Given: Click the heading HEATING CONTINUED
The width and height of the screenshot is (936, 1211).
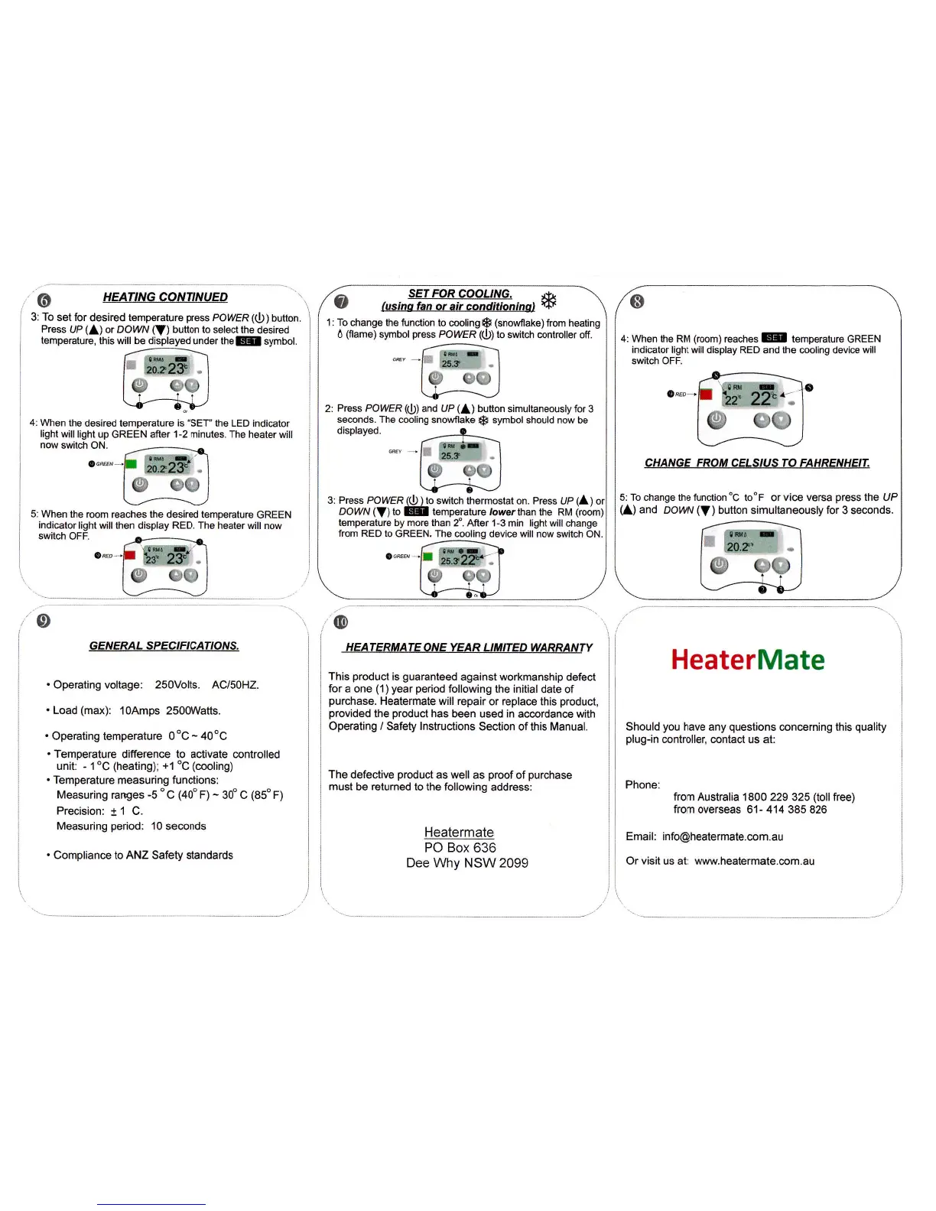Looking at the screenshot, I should tap(165, 297).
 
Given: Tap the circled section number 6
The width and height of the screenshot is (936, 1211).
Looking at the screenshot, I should tap(44, 299).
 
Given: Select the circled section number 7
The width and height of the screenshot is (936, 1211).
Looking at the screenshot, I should tap(341, 301).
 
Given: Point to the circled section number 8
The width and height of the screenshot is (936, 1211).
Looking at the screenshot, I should tap(637, 301).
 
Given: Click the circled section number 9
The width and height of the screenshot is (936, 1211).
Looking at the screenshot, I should tap(44, 620).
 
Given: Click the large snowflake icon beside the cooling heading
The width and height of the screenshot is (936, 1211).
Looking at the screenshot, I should tap(548, 300).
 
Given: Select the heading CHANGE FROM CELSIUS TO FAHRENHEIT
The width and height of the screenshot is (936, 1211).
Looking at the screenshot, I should tap(757, 463).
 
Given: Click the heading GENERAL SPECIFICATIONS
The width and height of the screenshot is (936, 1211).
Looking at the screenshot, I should tap(164, 646).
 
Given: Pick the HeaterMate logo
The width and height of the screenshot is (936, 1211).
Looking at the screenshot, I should tap(748, 660).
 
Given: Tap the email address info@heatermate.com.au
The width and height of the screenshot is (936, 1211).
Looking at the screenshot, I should tap(723, 836).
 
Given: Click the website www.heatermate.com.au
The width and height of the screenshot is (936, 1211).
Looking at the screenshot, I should tap(754, 861).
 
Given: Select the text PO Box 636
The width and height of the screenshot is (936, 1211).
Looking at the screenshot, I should tap(460, 847).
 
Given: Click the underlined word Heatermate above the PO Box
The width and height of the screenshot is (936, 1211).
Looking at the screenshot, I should tap(459, 832).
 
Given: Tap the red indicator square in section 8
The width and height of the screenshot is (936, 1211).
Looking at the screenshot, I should tap(706, 394).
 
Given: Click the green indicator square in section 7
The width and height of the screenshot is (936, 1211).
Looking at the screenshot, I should tap(427, 556).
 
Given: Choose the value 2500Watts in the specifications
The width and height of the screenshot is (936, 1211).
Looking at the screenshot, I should tap(193, 710).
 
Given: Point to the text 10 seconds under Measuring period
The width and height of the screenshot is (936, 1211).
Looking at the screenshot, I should tap(178, 826).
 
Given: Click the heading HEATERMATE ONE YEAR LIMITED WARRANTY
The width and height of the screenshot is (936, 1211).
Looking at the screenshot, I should tap(468, 648).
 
